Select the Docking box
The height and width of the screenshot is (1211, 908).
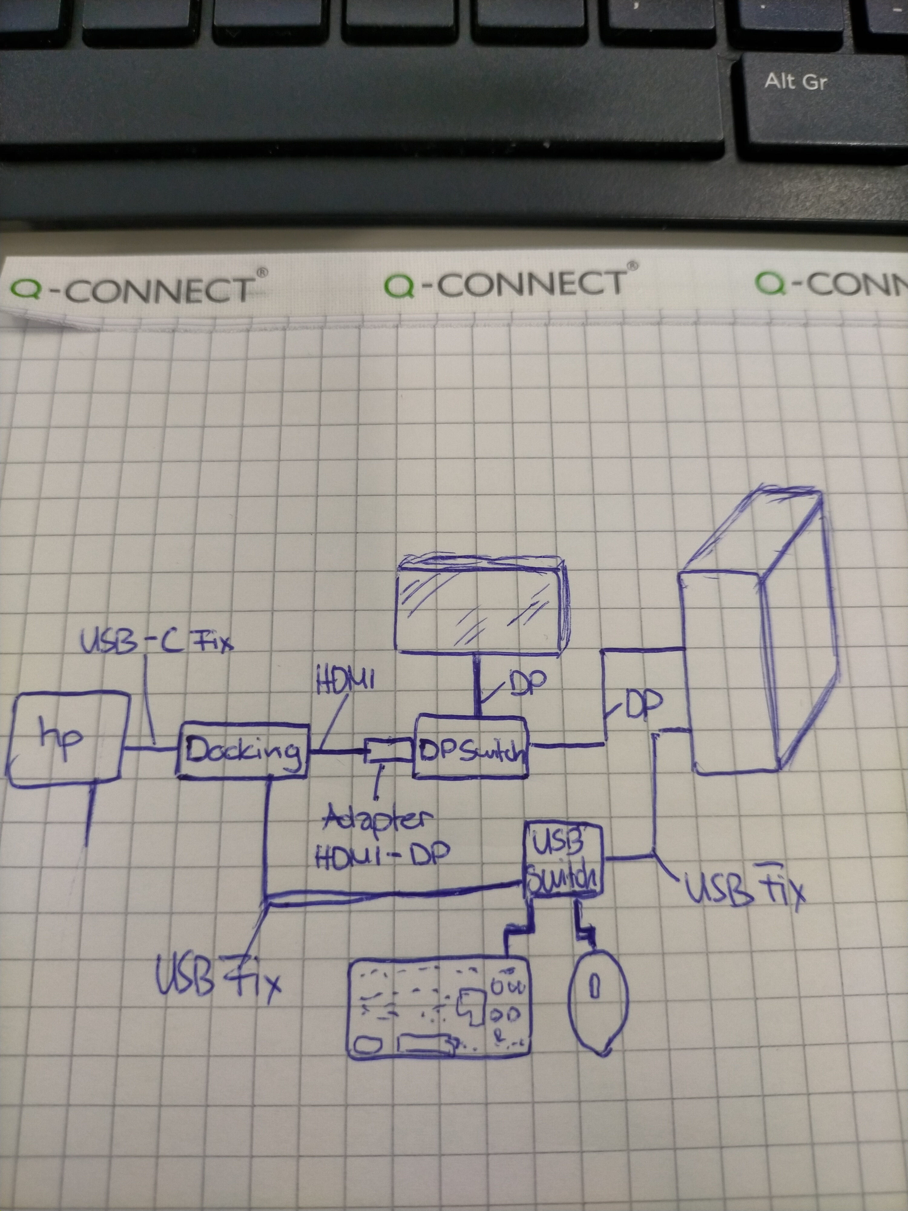coord(242,750)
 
